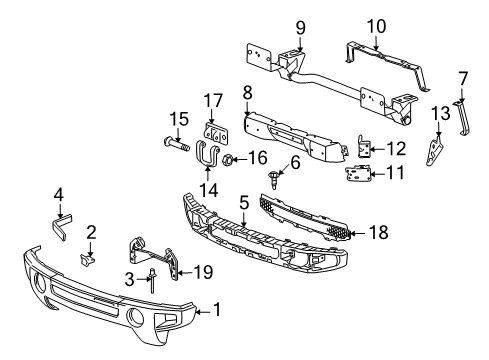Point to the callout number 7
462,77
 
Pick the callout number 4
58,194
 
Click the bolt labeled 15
176,142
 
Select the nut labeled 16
229,159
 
